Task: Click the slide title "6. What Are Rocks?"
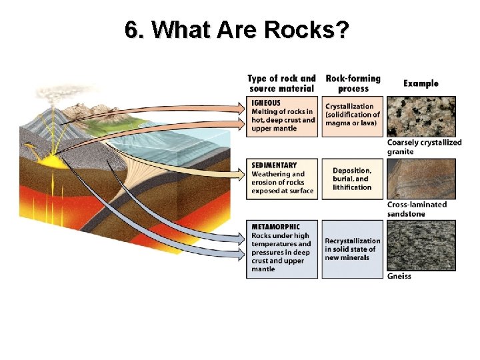pos(237,29)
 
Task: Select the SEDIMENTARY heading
pos(275,165)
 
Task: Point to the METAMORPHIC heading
pos(276,227)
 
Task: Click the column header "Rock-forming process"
pos(353,83)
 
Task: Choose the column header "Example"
pos(421,83)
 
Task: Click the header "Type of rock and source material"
pos(282,83)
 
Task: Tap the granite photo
pos(421,117)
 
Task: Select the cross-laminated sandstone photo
pos(421,179)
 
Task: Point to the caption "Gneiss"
pos(399,276)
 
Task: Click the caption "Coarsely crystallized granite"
pos(424,147)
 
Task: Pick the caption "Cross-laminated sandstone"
pos(417,209)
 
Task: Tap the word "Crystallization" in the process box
pos(350,107)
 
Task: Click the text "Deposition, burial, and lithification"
pos(352,179)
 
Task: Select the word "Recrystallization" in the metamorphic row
pos(353,241)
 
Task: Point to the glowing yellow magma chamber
pos(47,160)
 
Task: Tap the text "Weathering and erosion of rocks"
pos(278,178)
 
